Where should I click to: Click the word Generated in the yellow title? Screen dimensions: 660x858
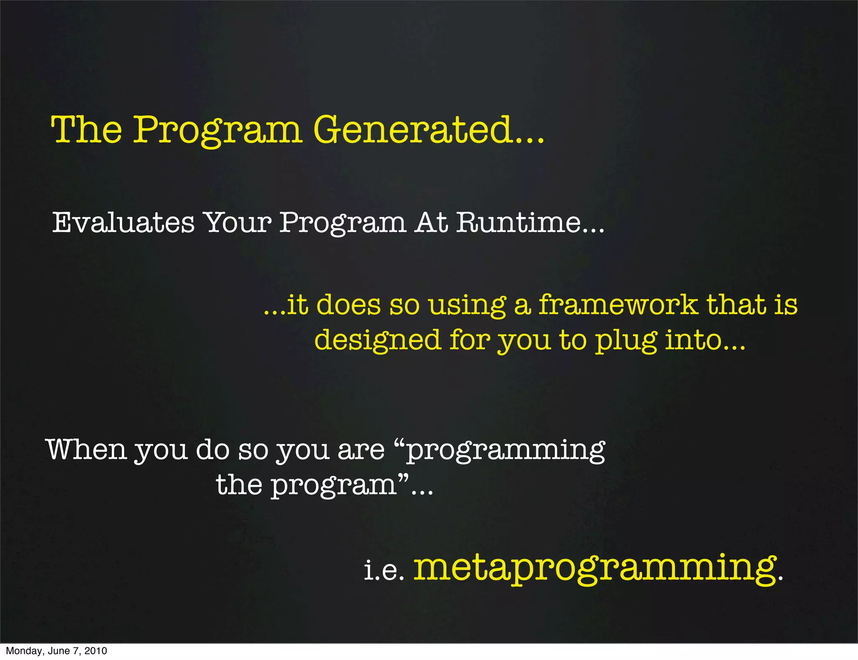pyautogui.click(x=413, y=129)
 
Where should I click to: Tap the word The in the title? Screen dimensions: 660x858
pyautogui.click(x=86, y=129)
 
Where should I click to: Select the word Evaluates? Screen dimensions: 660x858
pyautogui.click(x=123, y=222)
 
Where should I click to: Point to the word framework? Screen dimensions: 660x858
pyautogui.click(x=618, y=304)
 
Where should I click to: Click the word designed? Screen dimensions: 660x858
pyautogui.click(x=377, y=340)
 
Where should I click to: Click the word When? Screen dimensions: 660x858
pyautogui.click(x=86, y=449)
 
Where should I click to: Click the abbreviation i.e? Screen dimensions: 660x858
pyautogui.click(x=383, y=570)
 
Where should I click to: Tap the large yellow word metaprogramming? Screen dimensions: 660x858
pyautogui.click(x=595, y=568)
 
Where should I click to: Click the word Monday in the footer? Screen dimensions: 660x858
pyautogui.click(x=23, y=651)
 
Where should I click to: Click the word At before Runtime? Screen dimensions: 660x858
pyautogui.click(x=432, y=222)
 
